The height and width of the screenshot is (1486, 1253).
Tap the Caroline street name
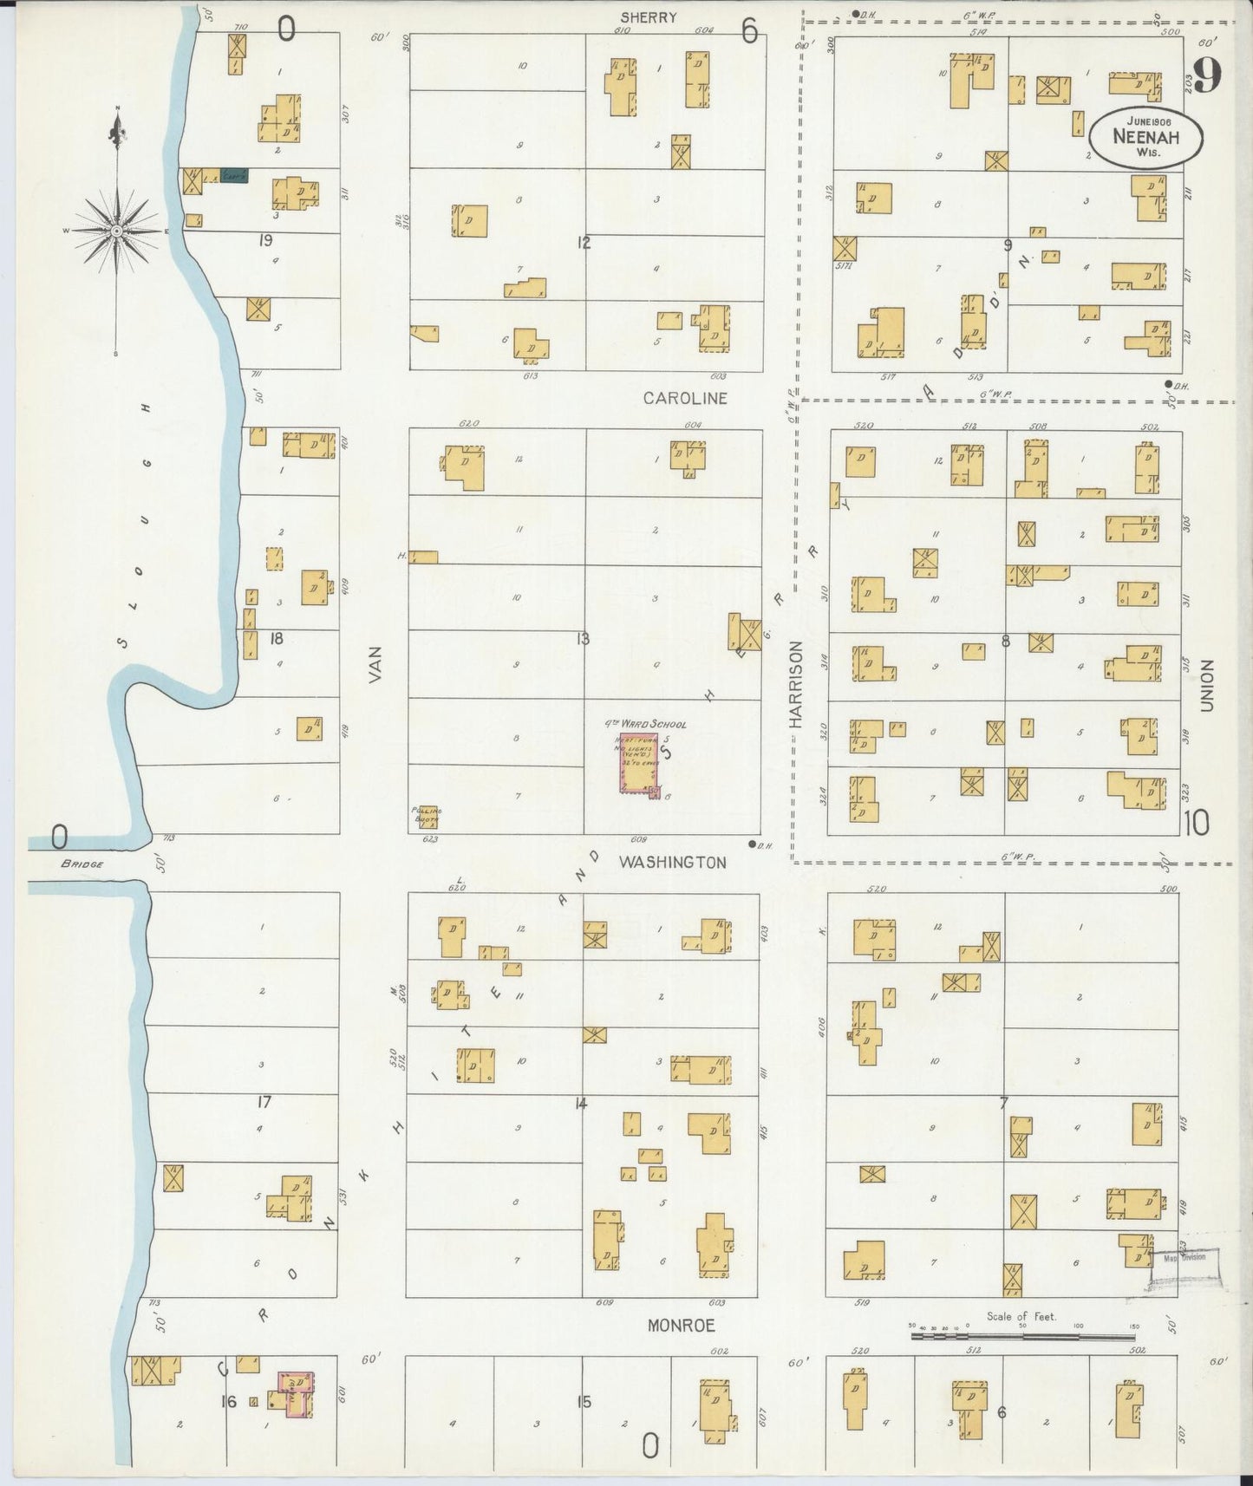pos(685,399)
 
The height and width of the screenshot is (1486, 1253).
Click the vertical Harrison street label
pos(797,685)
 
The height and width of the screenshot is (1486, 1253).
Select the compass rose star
pos(116,231)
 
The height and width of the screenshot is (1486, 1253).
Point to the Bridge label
pos(82,864)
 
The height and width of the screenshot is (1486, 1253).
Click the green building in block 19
pos(233,176)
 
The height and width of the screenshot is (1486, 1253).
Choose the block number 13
pos(583,640)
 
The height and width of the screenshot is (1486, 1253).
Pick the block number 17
pos(264,1103)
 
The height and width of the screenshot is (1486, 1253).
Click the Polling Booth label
pos(426,814)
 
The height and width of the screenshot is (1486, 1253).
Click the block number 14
pos(581,1104)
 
